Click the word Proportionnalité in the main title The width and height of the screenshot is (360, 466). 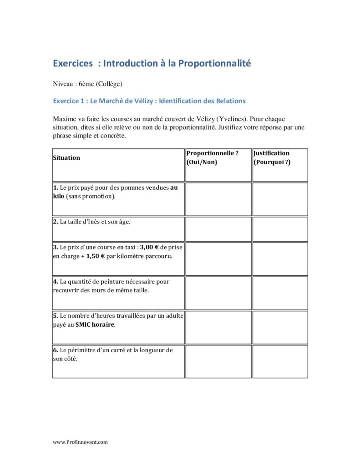point(214,63)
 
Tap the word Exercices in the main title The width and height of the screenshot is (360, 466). point(72,63)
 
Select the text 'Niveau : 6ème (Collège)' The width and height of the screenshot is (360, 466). point(88,84)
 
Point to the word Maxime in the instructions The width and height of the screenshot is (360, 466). point(65,119)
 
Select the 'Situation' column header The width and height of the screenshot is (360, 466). point(66,158)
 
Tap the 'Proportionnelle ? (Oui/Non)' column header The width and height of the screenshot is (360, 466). point(213,158)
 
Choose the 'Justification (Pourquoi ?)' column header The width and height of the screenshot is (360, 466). point(272,158)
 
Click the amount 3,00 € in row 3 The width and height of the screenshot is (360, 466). point(151,248)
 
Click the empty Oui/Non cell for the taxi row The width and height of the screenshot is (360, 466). point(218,258)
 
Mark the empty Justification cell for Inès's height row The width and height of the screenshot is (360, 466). point(280,228)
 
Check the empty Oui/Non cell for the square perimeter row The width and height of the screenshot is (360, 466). point(218,361)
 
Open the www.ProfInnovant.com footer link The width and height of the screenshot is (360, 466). point(80,442)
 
